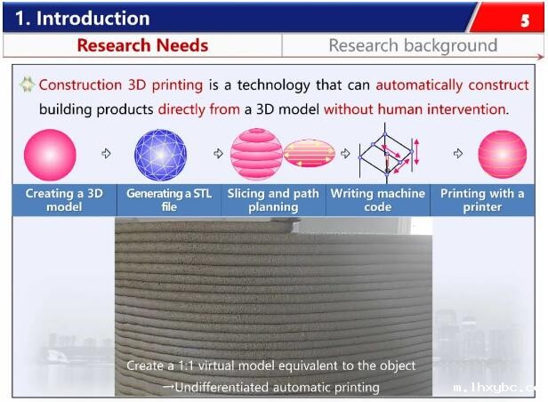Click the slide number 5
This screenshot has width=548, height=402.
click(525, 21)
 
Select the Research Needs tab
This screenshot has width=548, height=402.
click(142, 45)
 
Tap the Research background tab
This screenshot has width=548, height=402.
click(413, 45)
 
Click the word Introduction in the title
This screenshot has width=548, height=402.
click(93, 18)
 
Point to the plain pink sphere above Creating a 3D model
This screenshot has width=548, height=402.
click(50, 155)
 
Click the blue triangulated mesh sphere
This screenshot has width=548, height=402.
click(160, 155)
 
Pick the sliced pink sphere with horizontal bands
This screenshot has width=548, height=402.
click(256, 154)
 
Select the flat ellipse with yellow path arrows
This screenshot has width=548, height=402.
click(309, 153)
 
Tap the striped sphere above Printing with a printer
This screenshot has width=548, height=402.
click(503, 155)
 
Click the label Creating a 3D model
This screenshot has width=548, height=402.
click(64, 200)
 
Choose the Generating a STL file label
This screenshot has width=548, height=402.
click(169, 200)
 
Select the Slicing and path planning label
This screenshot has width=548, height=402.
click(273, 200)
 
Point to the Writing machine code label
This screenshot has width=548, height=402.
click(378, 200)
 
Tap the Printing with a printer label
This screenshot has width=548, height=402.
click(482, 200)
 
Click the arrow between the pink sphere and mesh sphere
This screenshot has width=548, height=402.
click(106, 153)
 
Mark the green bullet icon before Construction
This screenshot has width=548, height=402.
click(27, 84)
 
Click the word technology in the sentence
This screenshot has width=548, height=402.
click(274, 85)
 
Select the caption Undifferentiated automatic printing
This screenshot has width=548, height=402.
click(271, 388)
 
